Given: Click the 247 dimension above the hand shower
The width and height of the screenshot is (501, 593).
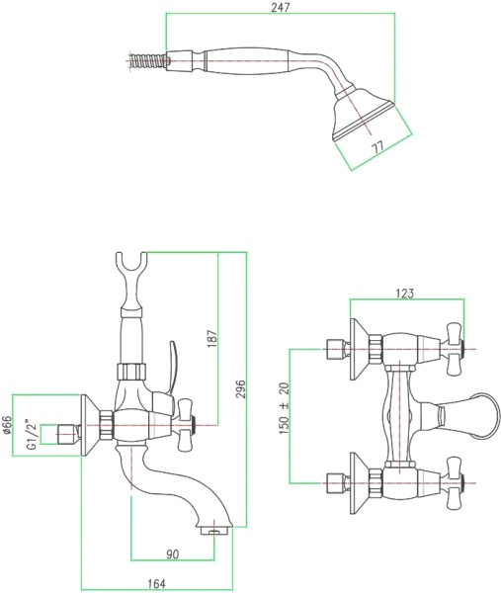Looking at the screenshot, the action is tap(281, 7).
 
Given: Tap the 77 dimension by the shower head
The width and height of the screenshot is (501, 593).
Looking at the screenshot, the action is tap(377, 146).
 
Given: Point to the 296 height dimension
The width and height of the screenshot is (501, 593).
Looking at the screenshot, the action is tap(241, 388).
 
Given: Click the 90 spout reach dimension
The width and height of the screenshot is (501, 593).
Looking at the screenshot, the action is tap(172, 554).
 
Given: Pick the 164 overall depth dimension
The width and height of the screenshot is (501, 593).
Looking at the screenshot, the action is tap(156, 583).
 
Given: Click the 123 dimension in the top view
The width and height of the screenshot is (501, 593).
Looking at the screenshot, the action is tap(405, 294).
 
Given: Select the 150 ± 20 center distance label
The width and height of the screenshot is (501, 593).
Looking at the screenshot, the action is tap(284, 408).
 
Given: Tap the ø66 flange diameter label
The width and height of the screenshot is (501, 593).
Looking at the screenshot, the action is tap(8, 424).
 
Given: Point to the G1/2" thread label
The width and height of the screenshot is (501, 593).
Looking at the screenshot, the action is tap(32, 434).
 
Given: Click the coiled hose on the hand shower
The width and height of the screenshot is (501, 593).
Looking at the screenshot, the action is tap(147, 61).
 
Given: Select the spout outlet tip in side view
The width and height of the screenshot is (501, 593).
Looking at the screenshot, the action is tap(215, 529).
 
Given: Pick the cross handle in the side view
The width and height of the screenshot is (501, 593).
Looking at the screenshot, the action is tap(185, 425).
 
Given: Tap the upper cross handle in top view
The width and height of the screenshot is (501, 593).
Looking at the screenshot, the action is tap(455, 349).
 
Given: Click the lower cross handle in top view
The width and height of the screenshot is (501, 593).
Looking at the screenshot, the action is tap(455, 483).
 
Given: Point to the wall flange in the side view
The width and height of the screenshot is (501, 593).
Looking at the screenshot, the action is tap(90, 425).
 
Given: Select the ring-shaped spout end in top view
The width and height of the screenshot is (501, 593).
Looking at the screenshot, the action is tap(486, 416).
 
